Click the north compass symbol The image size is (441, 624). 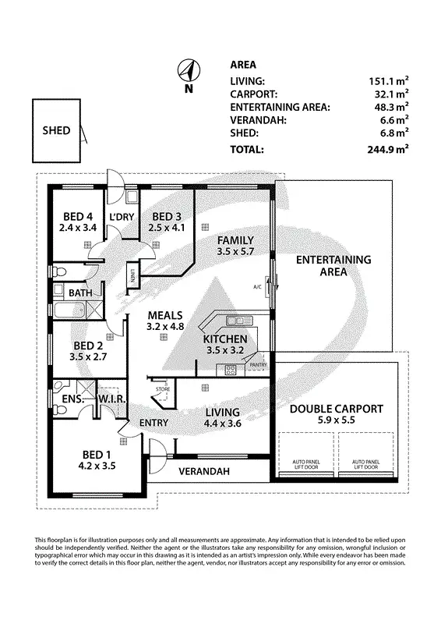tap(188, 70)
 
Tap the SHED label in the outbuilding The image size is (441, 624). tap(55, 130)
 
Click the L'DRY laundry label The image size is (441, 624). tap(121, 216)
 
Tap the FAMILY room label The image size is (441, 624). tap(235, 239)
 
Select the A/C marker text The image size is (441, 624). tap(258, 286)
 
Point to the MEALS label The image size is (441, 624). tap(166, 315)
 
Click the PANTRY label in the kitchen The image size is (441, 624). tap(259, 363)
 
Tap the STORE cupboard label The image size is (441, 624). tap(162, 388)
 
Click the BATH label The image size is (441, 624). tap(80, 293)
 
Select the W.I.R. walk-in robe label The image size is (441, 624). tap(108, 399)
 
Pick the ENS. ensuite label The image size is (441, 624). tap(68, 399)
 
